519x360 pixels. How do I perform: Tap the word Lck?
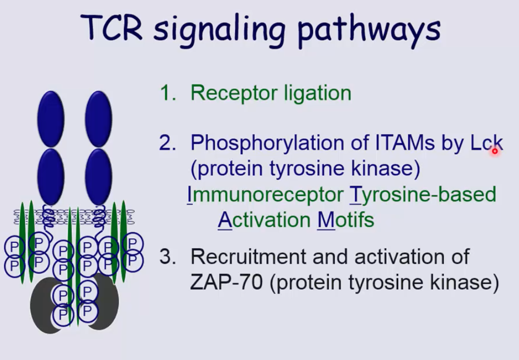click(x=486, y=142)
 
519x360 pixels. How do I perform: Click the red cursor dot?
click(x=495, y=151)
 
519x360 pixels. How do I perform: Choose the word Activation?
click(x=265, y=220)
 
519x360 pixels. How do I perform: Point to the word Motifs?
click(x=345, y=220)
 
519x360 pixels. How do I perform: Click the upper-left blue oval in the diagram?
click(x=51, y=119)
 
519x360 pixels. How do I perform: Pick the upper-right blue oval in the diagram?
click(x=98, y=119)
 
